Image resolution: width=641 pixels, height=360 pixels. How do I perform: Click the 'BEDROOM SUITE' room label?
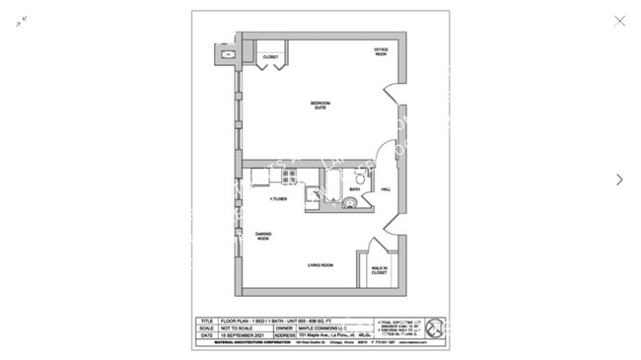coord(320,106)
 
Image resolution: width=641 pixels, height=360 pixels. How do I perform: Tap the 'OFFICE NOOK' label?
coord(381,51)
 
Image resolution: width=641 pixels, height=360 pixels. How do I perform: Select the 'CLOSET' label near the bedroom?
coord(270,57)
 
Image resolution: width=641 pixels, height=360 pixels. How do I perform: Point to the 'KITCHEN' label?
coord(279,199)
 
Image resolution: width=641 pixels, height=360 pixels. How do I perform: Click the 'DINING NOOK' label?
coord(263,237)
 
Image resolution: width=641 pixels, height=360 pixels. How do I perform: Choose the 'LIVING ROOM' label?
coord(320,265)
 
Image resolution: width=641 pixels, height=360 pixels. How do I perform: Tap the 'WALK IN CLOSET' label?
coord(379,270)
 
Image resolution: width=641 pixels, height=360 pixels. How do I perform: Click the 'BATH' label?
coord(354,189)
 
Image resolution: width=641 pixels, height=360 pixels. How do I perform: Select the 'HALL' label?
coord(386,189)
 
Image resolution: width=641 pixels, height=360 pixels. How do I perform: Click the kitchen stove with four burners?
coord(290,177)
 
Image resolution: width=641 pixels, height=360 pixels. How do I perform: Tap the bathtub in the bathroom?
coord(333,186)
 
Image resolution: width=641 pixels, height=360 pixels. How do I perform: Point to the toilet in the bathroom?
coord(360,177)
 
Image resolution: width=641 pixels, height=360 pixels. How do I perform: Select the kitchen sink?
coord(260,177)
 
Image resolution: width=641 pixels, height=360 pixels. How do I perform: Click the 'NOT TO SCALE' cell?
coord(239,328)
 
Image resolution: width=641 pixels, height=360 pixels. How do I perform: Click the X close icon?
coord(619,21)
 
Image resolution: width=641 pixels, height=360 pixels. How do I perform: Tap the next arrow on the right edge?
coord(619,180)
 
